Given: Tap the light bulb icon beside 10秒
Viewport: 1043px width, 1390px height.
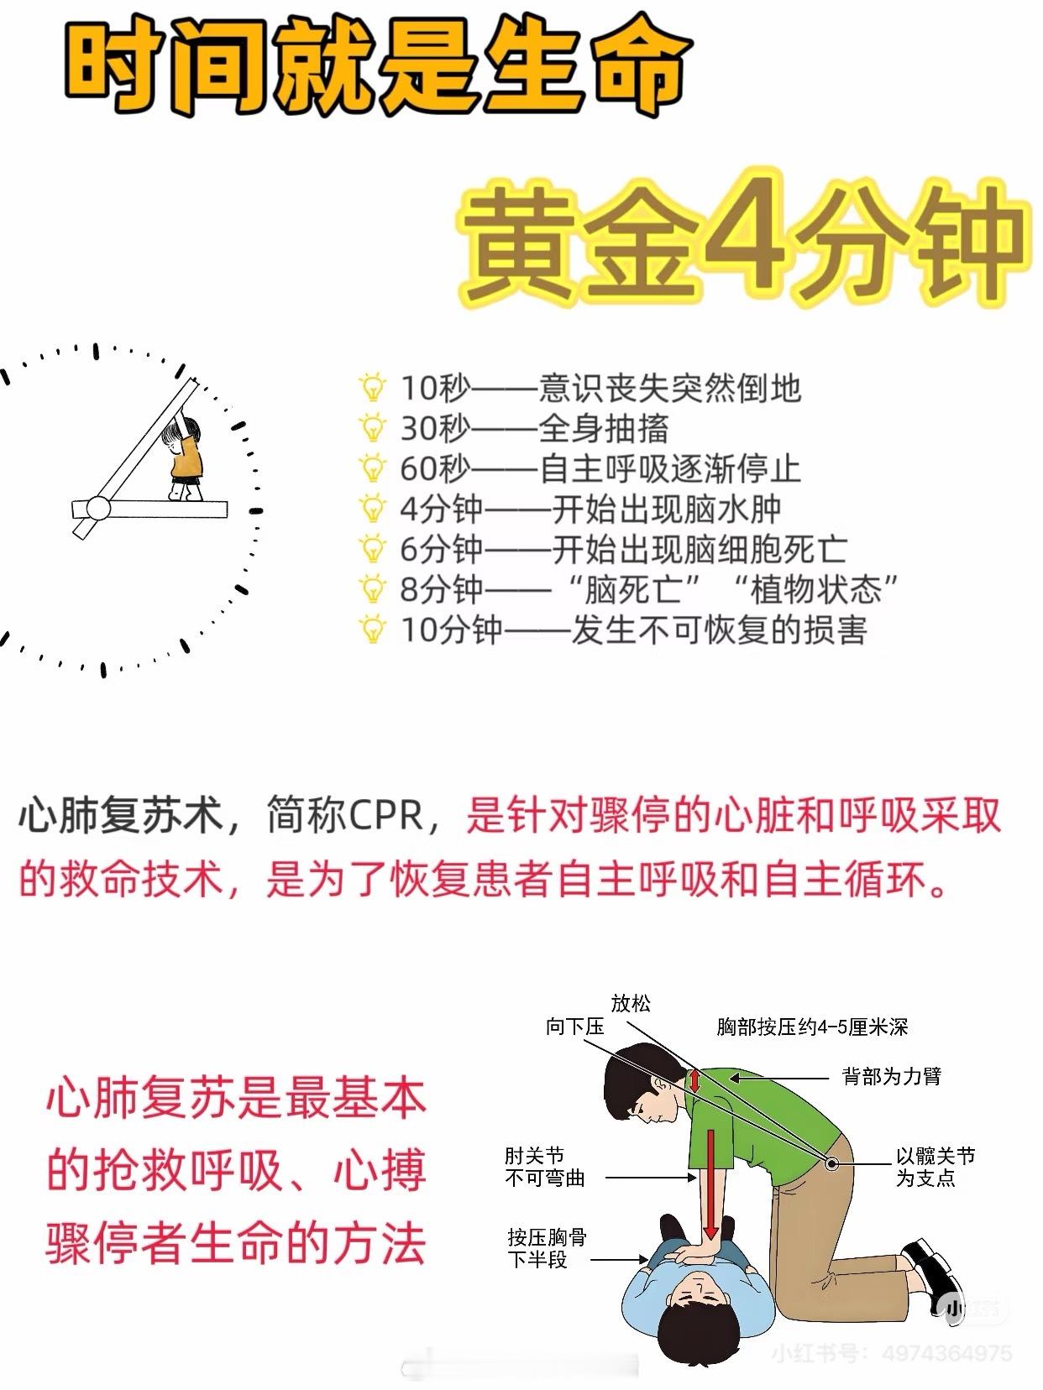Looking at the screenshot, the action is tap(372, 387).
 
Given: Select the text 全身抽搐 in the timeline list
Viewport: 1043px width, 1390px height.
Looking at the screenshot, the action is tap(604, 428).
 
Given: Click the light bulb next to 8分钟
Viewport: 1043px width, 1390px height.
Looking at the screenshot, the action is tap(372, 589).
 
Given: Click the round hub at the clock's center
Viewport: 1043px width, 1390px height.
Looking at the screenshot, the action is tap(98, 508).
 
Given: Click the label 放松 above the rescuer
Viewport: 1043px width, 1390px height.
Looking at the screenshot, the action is tap(630, 1004).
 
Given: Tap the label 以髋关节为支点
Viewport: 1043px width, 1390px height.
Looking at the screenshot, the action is tap(936, 1167).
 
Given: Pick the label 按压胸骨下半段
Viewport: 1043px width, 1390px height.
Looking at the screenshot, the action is tap(548, 1248).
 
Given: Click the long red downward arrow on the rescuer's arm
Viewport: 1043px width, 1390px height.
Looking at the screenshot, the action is tap(710, 1185).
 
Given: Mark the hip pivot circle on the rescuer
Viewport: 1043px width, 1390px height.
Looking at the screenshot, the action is tap(832, 1163).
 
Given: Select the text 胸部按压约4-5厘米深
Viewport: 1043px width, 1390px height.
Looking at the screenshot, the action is tap(813, 1027).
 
